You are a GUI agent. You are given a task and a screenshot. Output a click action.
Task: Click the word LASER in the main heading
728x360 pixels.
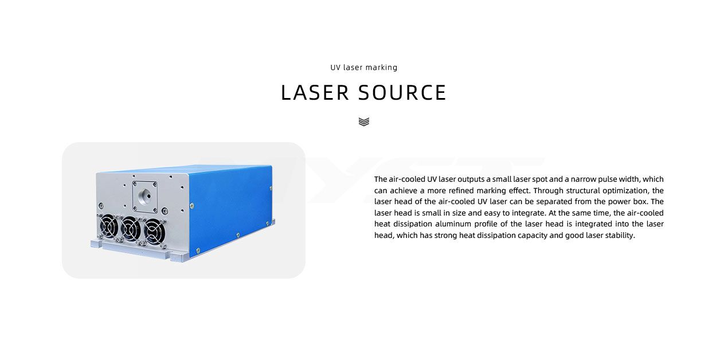pos(315,93)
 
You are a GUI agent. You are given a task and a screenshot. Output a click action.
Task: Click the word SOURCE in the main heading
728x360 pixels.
pos(402,93)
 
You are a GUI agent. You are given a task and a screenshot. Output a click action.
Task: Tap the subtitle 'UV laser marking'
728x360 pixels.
pos(363,68)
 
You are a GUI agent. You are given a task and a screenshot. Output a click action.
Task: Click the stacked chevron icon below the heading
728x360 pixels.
pos(363,122)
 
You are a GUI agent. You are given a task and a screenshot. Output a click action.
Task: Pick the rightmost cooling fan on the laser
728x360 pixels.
pos(154,232)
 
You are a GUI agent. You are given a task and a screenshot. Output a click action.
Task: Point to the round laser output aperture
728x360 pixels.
pos(144,197)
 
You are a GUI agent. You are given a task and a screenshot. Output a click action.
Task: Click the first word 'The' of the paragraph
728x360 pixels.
pos(381,179)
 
